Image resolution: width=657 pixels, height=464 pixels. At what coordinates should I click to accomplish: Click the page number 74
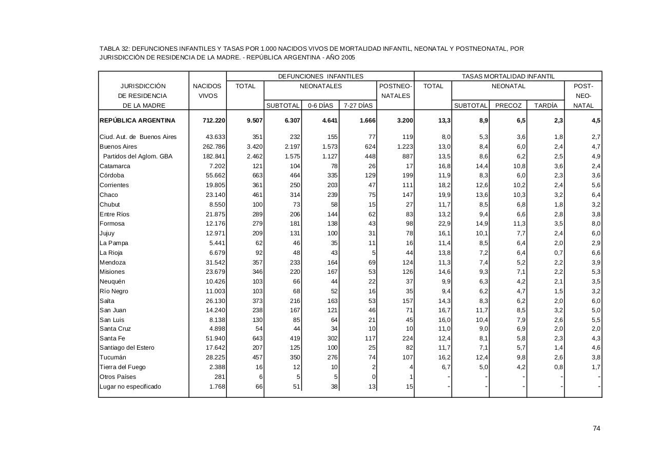[x=596, y=429]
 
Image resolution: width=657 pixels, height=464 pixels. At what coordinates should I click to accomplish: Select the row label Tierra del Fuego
[x=123, y=367]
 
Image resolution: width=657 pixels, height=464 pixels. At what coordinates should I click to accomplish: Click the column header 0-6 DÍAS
[x=320, y=106]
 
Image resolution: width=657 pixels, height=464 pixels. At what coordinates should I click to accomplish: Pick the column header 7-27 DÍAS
[x=358, y=106]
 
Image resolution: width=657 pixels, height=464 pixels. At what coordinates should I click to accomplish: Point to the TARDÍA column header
[x=545, y=106]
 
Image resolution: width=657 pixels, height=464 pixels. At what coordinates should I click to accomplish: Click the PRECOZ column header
[x=508, y=106]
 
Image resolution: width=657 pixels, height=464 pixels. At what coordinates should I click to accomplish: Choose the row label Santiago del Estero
[x=127, y=348]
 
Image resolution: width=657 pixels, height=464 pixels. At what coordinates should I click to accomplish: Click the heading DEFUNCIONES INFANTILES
[x=320, y=76]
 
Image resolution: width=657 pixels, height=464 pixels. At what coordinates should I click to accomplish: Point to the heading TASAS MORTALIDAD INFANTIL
[x=508, y=76]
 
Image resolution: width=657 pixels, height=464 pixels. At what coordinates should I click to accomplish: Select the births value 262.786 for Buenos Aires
[x=211, y=147]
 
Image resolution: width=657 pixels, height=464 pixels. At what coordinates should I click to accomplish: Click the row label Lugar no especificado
[x=130, y=387]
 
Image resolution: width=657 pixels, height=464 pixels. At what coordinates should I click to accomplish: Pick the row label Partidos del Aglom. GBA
[x=138, y=156]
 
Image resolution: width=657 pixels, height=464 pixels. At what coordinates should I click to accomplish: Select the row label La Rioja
[x=111, y=253]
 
